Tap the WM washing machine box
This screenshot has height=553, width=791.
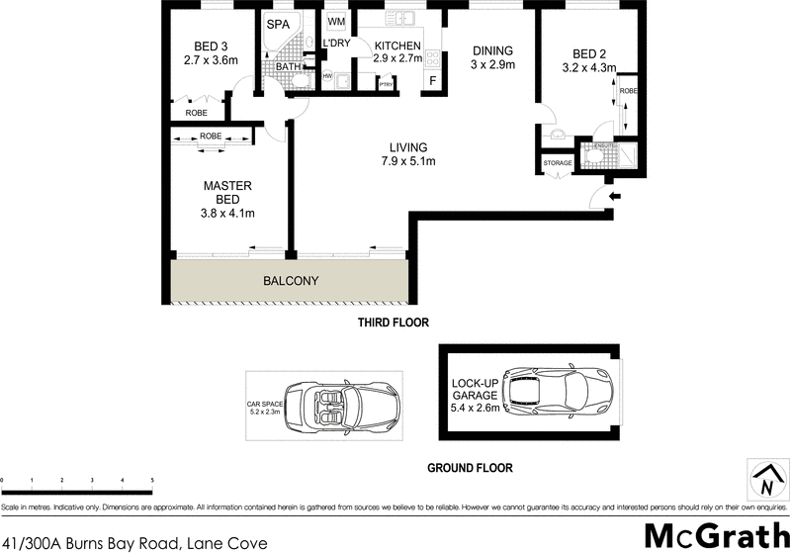336,21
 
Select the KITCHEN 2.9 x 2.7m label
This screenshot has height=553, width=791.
397,52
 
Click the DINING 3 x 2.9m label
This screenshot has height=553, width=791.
492,58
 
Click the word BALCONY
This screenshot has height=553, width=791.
291,281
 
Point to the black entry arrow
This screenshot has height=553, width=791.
615,197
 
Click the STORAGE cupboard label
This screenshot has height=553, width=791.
557,163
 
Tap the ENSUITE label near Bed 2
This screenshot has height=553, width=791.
604,145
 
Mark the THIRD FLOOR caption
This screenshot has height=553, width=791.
394,323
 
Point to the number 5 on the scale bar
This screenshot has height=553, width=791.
152,481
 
